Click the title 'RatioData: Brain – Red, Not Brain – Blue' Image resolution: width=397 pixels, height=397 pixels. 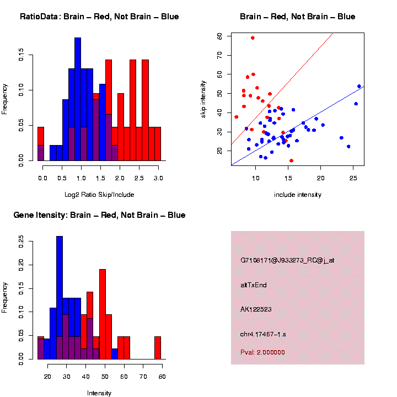click(x=99, y=17)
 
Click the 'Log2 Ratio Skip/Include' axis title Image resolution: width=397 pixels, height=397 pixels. click(x=99, y=195)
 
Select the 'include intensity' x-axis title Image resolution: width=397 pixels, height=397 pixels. click(x=297, y=195)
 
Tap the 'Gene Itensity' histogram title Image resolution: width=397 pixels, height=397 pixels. click(x=99, y=215)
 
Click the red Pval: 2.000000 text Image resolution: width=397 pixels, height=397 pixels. click(x=262, y=352)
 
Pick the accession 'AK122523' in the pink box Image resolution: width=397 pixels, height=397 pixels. click(x=256, y=310)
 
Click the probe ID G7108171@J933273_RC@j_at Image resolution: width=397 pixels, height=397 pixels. click(x=287, y=260)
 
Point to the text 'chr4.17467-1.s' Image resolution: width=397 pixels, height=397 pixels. click(x=262, y=334)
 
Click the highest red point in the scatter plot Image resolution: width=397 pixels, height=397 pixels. click(x=253, y=38)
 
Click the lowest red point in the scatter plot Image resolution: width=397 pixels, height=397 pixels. click(x=291, y=160)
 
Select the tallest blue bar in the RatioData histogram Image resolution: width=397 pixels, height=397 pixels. click(x=78, y=99)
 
